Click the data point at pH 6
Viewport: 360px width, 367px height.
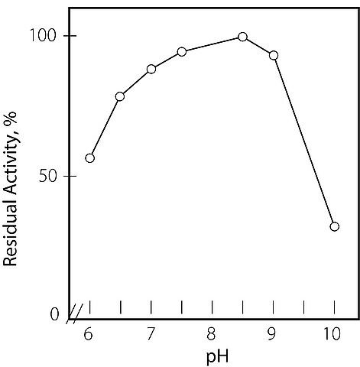90,158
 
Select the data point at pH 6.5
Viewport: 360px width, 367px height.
120,96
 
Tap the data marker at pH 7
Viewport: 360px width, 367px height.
151,69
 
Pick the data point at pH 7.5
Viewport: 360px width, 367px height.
182,52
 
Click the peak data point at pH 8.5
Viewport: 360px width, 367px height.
242,37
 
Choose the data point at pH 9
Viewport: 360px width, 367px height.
274,55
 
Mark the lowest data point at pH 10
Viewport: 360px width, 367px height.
335,226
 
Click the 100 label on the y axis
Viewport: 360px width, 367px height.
43,35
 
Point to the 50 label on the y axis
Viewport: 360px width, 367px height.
47,176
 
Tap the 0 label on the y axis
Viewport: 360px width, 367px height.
54,315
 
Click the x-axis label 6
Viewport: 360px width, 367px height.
88,334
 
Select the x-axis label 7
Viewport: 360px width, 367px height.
151,334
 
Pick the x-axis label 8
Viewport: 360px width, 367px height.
211,334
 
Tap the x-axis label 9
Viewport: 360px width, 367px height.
272,334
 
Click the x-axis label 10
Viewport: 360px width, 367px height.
332,334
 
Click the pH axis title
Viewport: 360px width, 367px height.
217,357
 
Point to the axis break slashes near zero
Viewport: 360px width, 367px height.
75,313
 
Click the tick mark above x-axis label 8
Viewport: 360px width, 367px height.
212,307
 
